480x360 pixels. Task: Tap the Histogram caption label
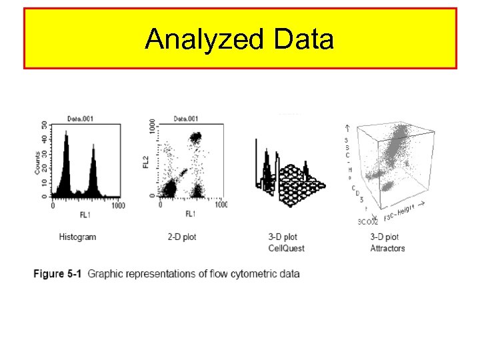pos(77,237)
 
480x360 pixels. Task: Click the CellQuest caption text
pos(286,248)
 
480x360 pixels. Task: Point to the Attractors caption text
pos(387,248)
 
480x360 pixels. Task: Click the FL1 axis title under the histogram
pos(85,213)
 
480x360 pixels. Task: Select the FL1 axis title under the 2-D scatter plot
pos(191,213)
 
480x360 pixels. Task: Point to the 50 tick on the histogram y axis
pos(45,125)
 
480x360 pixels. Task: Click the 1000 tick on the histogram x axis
pos(117,205)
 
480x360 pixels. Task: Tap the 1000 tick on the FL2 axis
pos(153,127)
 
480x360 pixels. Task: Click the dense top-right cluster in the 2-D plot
pos(195,139)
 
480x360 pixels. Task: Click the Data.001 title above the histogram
pos(80,119)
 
